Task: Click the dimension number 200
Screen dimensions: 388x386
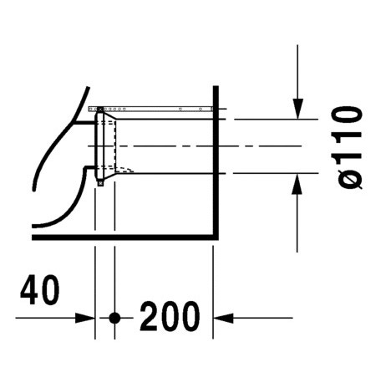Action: (x=170, y=317)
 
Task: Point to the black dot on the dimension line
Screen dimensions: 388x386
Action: (x=115, y=318)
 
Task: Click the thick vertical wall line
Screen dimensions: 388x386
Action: (x=216, y=167)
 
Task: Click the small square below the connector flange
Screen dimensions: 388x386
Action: (x=99, y=182)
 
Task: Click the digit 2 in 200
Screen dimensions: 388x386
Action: (x=150, y=317)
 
